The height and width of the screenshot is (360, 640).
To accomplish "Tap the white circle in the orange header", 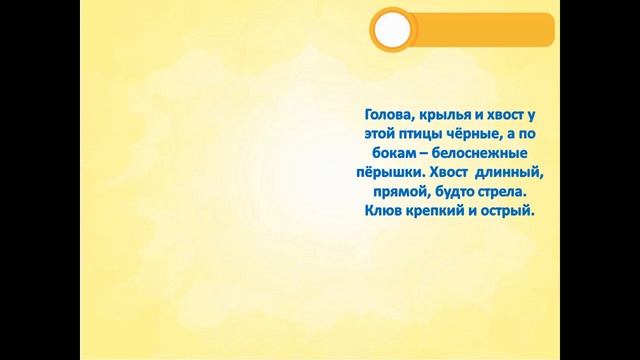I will [x=391, y=31].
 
